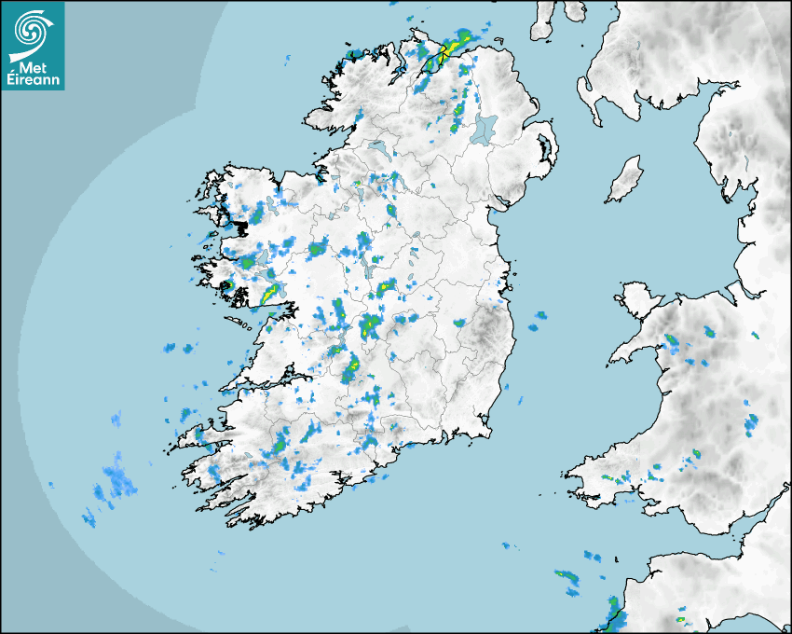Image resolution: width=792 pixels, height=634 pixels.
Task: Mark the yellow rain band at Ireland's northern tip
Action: click(448, 49)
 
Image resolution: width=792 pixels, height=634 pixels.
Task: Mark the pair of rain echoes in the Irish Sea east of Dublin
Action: click(538, 322)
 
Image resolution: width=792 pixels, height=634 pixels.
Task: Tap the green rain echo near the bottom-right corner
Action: click(680, 619)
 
